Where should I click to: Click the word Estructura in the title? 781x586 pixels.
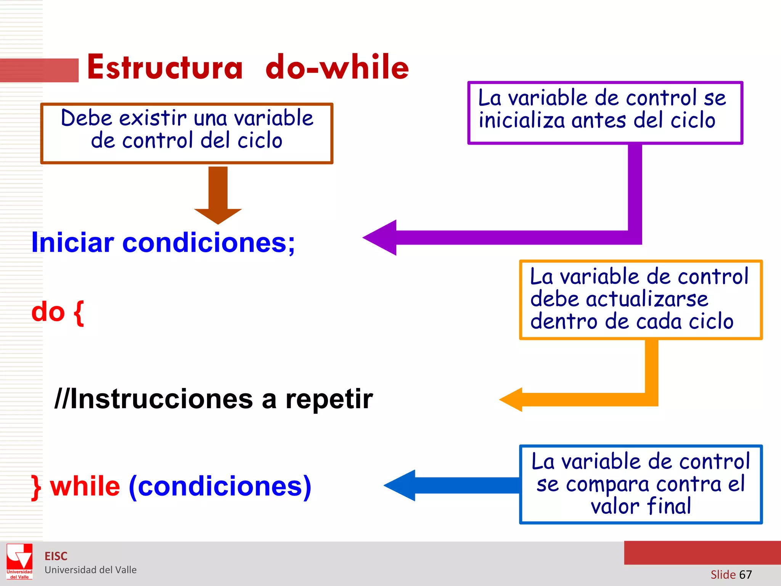(165, 68)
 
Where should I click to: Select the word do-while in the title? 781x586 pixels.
(337, 68)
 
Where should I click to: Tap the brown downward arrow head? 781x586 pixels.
(218, 216)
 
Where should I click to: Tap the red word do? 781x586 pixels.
(48, 312)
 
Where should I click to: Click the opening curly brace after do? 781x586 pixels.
(79, 313)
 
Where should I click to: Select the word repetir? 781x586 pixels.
(329, 399)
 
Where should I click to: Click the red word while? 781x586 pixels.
(85, 486)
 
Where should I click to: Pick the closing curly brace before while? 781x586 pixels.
(36, 487)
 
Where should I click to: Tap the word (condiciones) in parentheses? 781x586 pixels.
(220, 486)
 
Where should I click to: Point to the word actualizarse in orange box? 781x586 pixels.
(647, 299)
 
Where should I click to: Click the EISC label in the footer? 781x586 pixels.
(56, 556)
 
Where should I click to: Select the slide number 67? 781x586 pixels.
(745, 575)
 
